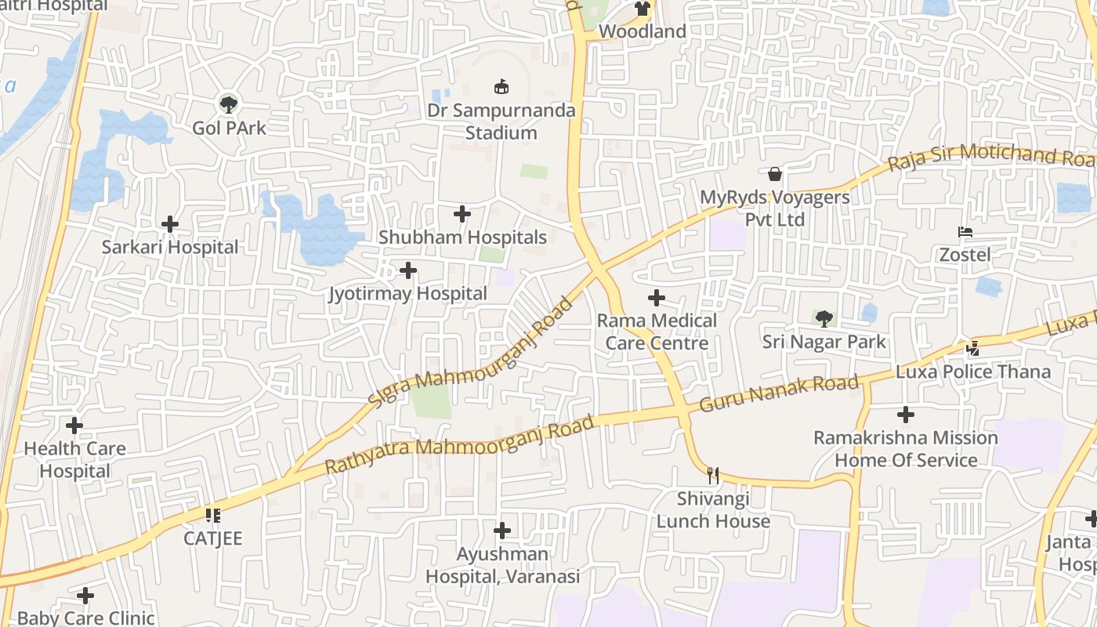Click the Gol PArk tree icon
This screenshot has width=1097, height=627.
pyautogui.click(x=228, y=103)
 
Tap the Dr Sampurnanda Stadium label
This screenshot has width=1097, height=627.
pyautogui.click(x=501, y=121)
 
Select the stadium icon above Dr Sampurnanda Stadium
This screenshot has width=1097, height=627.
pyautogui.click(x=501, y=86)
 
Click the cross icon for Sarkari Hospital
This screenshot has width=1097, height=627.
pyautogui.click(x=170, y=224)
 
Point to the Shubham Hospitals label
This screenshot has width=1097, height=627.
pyautogui.click(x=462, y=237)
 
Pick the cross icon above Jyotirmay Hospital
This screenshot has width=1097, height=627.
pyautogui.click(x=408, y=270)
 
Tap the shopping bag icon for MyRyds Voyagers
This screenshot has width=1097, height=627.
pyautogui.click(x=775, y=173)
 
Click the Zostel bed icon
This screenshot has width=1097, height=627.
pyautogui.click(x=965, y=232)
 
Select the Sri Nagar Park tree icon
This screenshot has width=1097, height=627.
pyautogui.click(x=824, y=318)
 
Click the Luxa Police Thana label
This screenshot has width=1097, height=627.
pyautogui.click(x=973, y=371)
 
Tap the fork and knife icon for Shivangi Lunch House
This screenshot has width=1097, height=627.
pyautogui.click(x=713, y=475)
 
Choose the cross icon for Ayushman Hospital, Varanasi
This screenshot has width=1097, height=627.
pyautogui.click(x=502, y=531)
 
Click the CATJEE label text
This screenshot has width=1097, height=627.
pyautogui.click(x=213, y=538)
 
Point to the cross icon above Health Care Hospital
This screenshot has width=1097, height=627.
pyautogui.click(x=74, y=426)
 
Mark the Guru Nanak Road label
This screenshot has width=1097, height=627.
pyautogui.click(x=779, y=393)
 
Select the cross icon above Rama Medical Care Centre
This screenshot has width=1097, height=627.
pyautogui.click(x=657, y=298)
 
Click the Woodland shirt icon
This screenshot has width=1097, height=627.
pyautogui.click(x=643, y=9)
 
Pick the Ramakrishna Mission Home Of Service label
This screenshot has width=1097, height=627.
pyautogui.click(x=906, y=448)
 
